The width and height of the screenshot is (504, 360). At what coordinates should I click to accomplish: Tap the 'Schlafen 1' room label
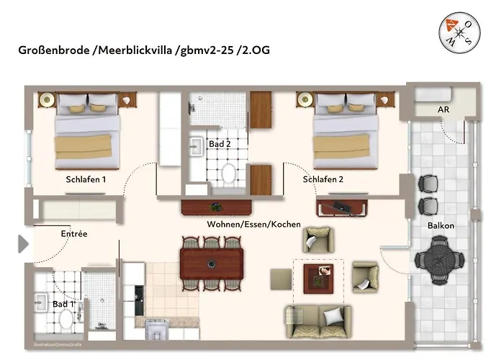(x=86, y=180)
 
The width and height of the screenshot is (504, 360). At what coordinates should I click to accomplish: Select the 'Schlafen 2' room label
(x=323, y=180)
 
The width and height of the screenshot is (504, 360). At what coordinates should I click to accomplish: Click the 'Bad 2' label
(x=219, y=144)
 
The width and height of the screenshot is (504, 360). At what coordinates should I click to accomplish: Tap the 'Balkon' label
(x=441, y=225)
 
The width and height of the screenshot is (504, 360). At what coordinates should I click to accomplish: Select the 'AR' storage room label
(x=444, y=110)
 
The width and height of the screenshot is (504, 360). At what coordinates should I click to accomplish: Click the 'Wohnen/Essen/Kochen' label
(x=253, y=225)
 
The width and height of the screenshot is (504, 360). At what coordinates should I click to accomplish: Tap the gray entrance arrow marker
(x=23, y=244)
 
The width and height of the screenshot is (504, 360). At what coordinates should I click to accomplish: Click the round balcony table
(x=439, y=258)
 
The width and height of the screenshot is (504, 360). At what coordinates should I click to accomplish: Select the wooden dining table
(x=211, y=263)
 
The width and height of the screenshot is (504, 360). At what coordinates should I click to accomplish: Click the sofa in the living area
(x=318, y=320)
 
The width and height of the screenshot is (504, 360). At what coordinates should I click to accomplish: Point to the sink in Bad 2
(x=197, y=148)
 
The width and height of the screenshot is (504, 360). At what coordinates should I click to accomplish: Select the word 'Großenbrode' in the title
(x=53, y=50)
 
